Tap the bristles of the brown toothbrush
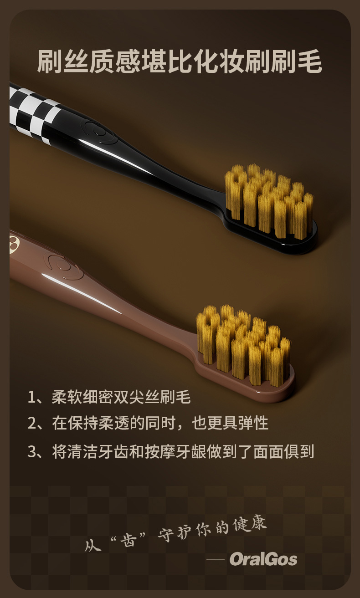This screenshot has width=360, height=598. (243, 344)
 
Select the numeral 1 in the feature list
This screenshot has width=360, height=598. (31, 397)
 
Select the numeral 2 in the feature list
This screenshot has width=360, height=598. (32, 424)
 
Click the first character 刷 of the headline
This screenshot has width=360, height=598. (50, 61)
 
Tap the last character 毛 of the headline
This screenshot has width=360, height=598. (310, 61)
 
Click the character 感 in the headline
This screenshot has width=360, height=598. (128, 61)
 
